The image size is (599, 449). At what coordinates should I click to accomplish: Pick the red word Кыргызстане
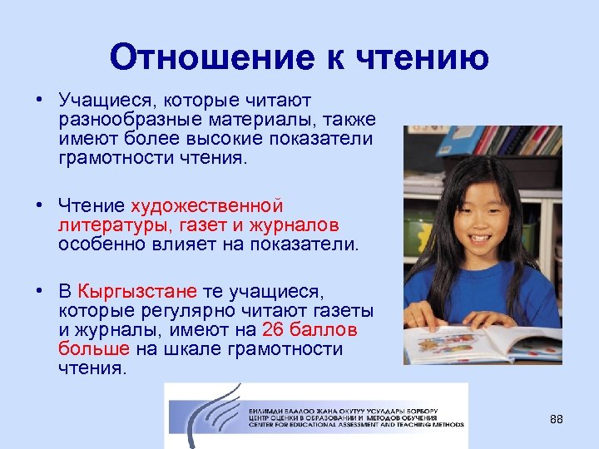click(x=137, y=291)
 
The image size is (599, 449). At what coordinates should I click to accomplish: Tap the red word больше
click(x=94, y=348)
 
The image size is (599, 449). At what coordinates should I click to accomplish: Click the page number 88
click(x=557, y=419)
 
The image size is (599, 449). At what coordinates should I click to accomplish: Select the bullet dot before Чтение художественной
click(x=38, y=205)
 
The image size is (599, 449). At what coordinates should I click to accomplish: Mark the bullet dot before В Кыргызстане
click(x=38, y=291)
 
